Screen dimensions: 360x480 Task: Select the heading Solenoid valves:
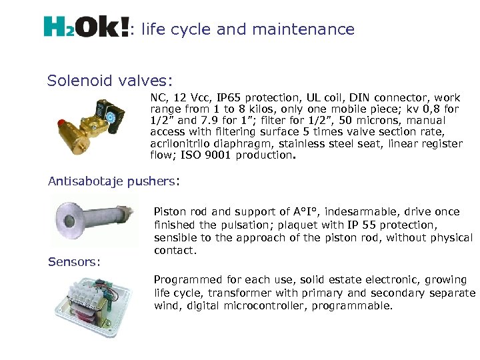pyautogui.click(x=110, y=81)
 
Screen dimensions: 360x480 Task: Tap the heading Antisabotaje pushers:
pyautogui.click(x=114, y=180)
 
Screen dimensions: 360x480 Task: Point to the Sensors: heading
pyautogui.click(x=74, y=261)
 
